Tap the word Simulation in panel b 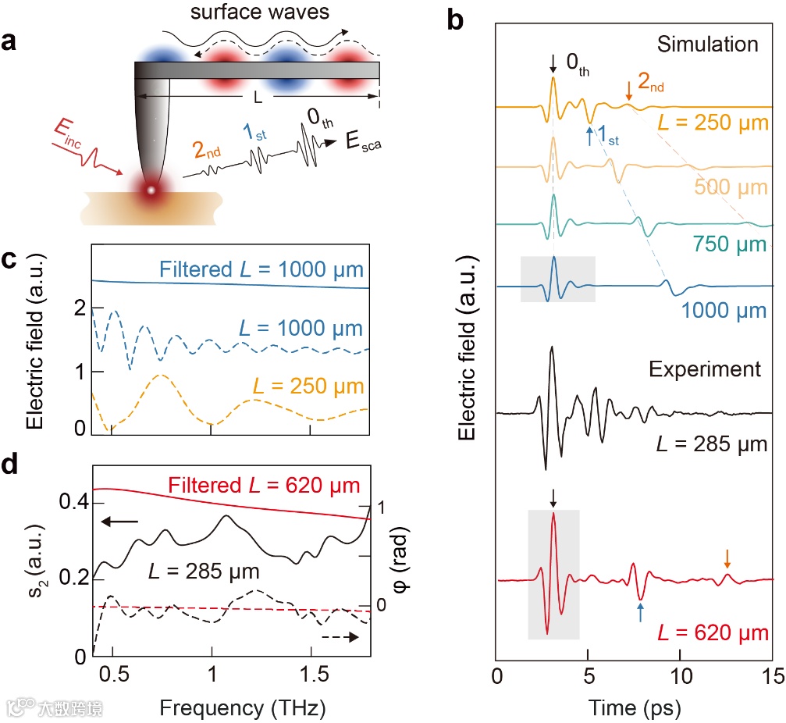point(707,44)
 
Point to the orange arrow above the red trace point(727,557)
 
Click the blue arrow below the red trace point(640,611)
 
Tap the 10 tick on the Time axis point(681,672)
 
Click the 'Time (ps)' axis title point(634,708)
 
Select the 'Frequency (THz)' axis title point(232,708)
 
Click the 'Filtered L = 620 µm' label point(259,485)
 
